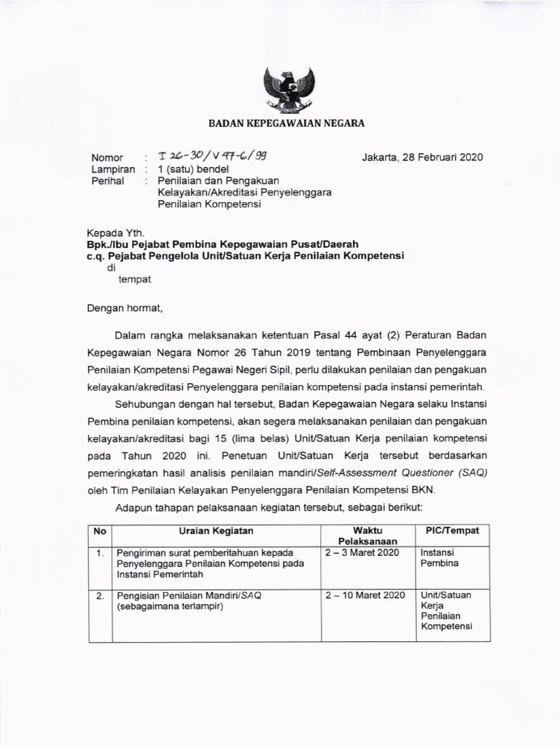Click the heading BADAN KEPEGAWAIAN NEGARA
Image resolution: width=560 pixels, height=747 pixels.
(x=287, y=124)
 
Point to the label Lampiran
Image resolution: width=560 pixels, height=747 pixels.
(x=113, y=169)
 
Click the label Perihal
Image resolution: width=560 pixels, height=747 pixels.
(x=107, y=181)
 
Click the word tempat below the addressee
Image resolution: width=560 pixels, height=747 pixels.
(x=135, y=278)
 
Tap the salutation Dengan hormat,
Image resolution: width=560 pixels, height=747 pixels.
(x=122, y=309)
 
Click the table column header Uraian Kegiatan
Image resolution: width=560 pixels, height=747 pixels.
(x=217, y=531)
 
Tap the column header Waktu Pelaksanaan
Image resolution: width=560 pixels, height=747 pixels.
(x=367, y=536)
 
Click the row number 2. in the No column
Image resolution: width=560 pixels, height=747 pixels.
(x=100, y=595)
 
